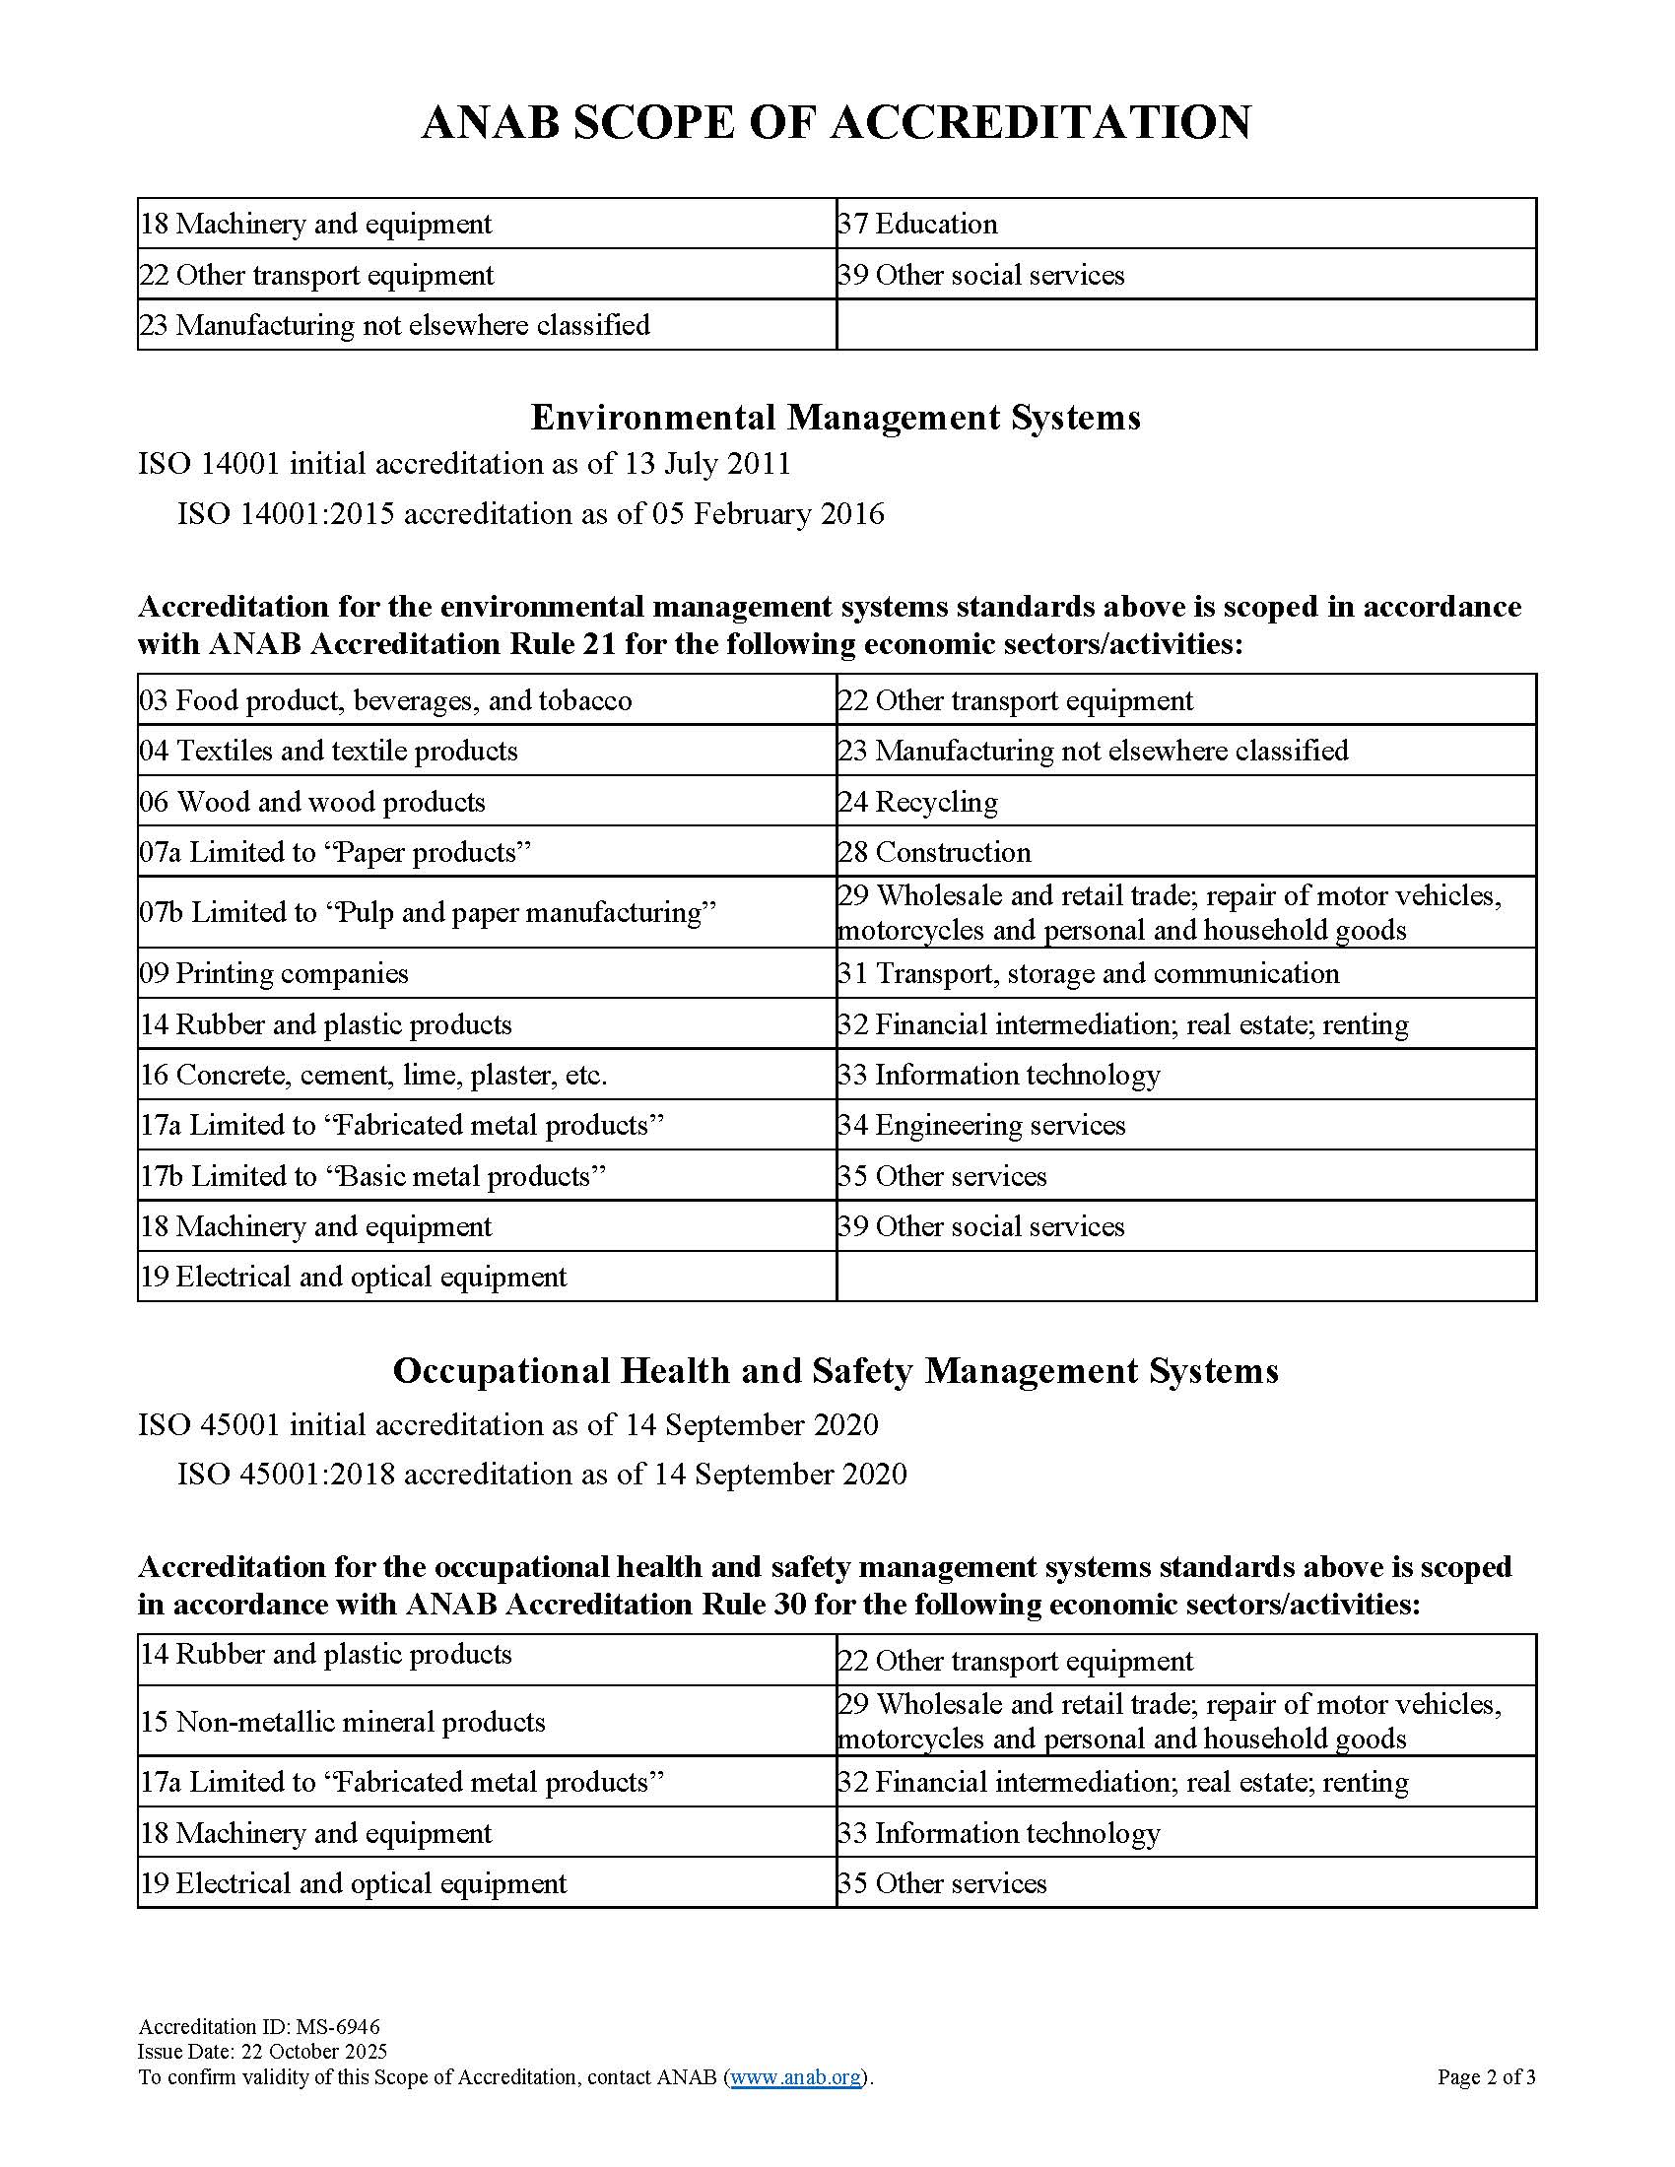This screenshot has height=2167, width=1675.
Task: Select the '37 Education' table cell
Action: tap(917, 225)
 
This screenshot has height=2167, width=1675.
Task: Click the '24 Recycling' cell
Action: tap(918, 802)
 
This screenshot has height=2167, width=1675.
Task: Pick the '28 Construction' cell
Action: tap(934, 852)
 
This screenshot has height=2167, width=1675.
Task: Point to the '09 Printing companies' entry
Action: tap(274, 973)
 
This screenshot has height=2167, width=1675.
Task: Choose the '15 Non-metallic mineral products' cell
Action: tap(342, 1722)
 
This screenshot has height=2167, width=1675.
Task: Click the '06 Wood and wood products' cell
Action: tap(312, 802)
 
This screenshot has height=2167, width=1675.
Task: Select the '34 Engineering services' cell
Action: tap(981, 1125)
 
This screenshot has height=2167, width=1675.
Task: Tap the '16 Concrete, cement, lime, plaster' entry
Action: tap(373, 1075)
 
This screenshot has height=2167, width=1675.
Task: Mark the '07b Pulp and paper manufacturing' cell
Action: tap(428, 912)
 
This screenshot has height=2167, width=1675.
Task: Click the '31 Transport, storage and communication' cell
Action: tap(1089, 973)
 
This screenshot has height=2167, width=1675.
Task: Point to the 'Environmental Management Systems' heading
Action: tap(836, 418)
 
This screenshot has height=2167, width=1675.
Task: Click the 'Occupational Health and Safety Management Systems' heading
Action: tap(836, 1371)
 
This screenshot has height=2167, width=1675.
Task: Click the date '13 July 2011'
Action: tap(707, 463)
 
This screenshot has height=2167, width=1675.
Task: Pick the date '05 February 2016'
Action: tap(769, 514)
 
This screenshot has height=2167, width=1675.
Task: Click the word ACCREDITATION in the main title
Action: tap(1040, 123)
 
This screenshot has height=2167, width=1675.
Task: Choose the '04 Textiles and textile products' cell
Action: tap(328, 752)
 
